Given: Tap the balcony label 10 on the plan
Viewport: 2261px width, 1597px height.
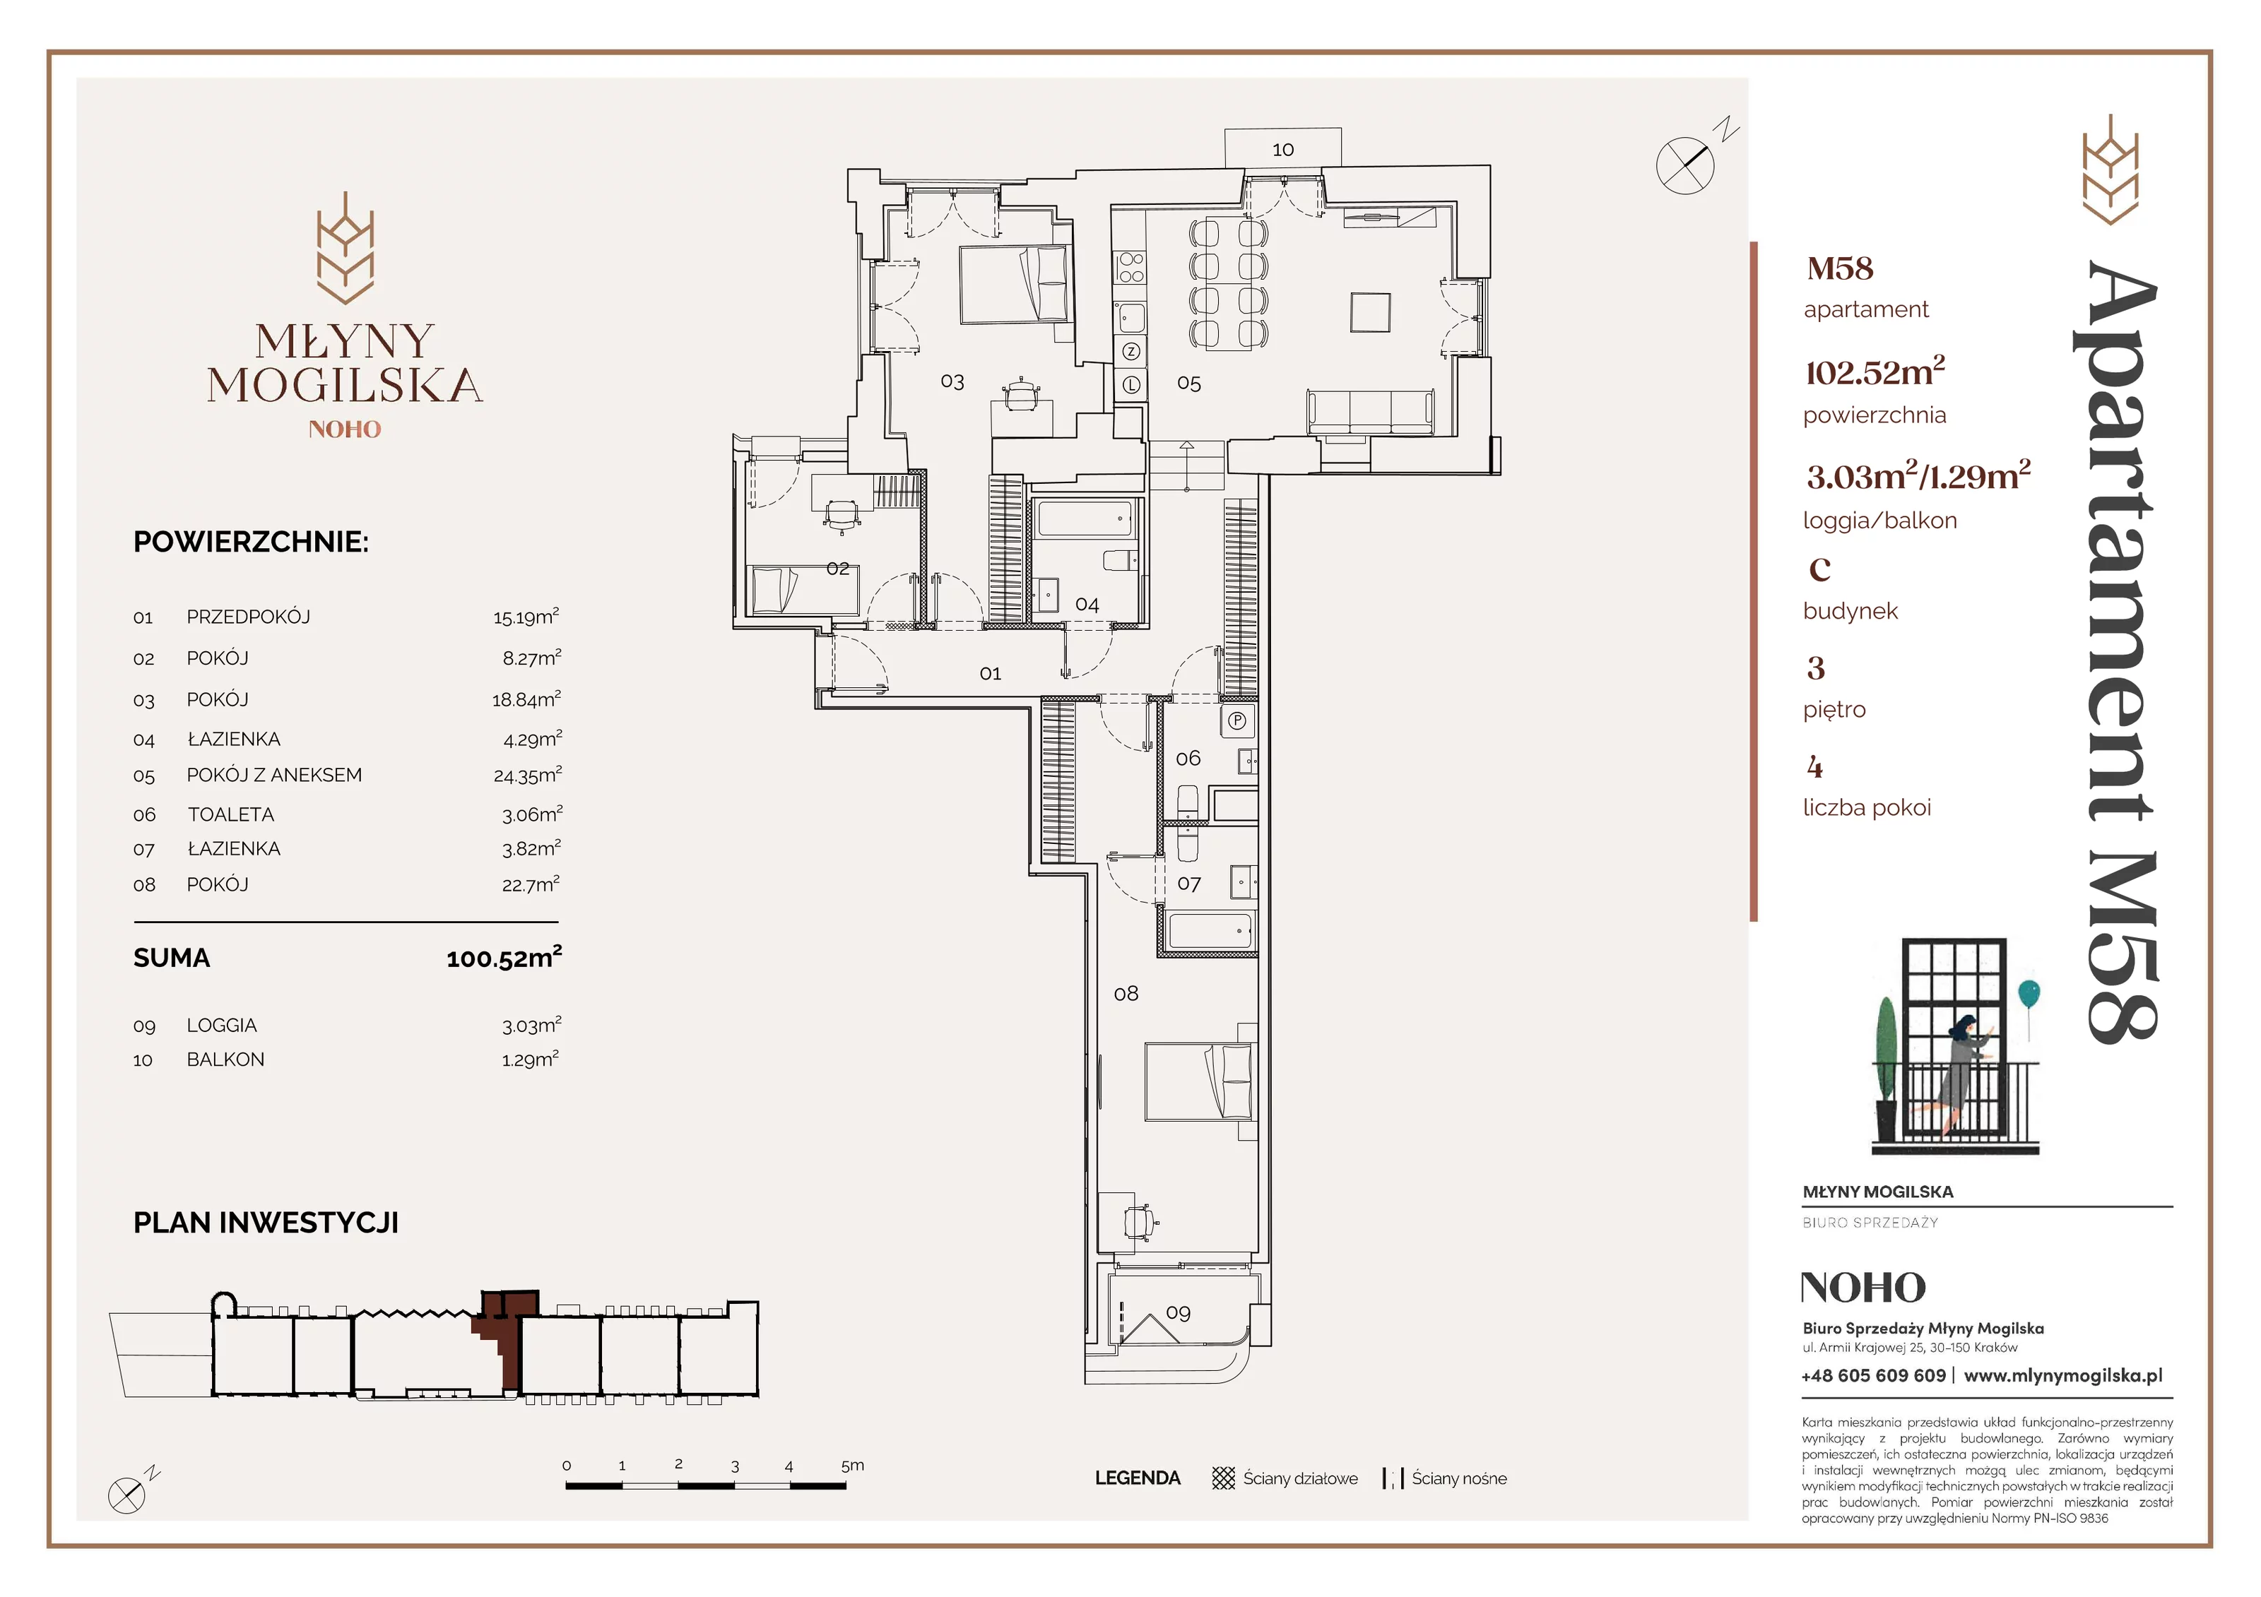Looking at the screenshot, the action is pos(1282,150).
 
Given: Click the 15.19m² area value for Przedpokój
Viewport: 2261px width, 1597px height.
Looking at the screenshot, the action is pos(526,617).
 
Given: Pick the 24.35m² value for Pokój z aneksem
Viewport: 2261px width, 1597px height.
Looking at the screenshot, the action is pos(527,775).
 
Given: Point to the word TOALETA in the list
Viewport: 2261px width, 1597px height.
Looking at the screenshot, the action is pos(232,814).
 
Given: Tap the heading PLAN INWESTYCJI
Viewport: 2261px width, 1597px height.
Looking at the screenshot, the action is pos(266,1223).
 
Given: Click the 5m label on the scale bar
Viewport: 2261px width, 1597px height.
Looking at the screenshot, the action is pos(853,1465).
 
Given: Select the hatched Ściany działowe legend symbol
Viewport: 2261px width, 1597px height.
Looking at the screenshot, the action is pos(1223,1478).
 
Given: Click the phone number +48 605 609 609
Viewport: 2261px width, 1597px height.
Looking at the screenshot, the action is pos(1873,1375).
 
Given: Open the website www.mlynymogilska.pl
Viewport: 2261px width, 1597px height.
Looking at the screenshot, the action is pos(2063,1375).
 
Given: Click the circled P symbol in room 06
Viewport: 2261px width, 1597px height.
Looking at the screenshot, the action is pos(1237,720).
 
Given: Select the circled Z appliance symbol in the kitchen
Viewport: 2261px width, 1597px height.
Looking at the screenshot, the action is pos(1131,352).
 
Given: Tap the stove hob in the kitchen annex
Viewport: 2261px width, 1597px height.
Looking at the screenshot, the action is pos(1130,267).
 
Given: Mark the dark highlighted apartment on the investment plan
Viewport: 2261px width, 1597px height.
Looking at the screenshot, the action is pos(505,1334).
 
